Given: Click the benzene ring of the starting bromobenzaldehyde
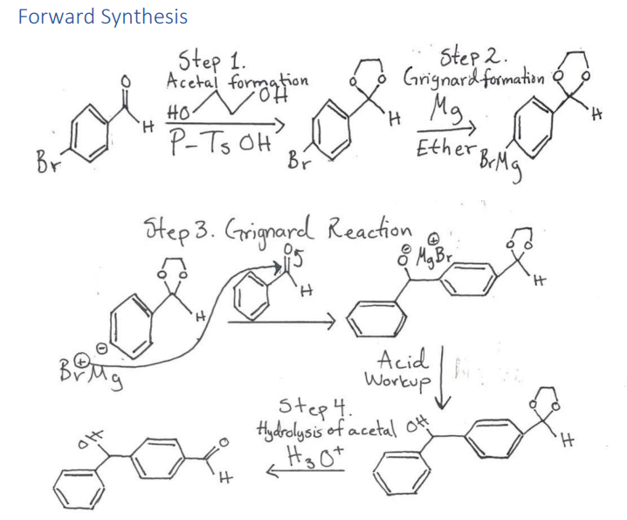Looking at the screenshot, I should click(91, 131).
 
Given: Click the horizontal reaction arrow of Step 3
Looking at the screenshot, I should click(277, 326).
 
